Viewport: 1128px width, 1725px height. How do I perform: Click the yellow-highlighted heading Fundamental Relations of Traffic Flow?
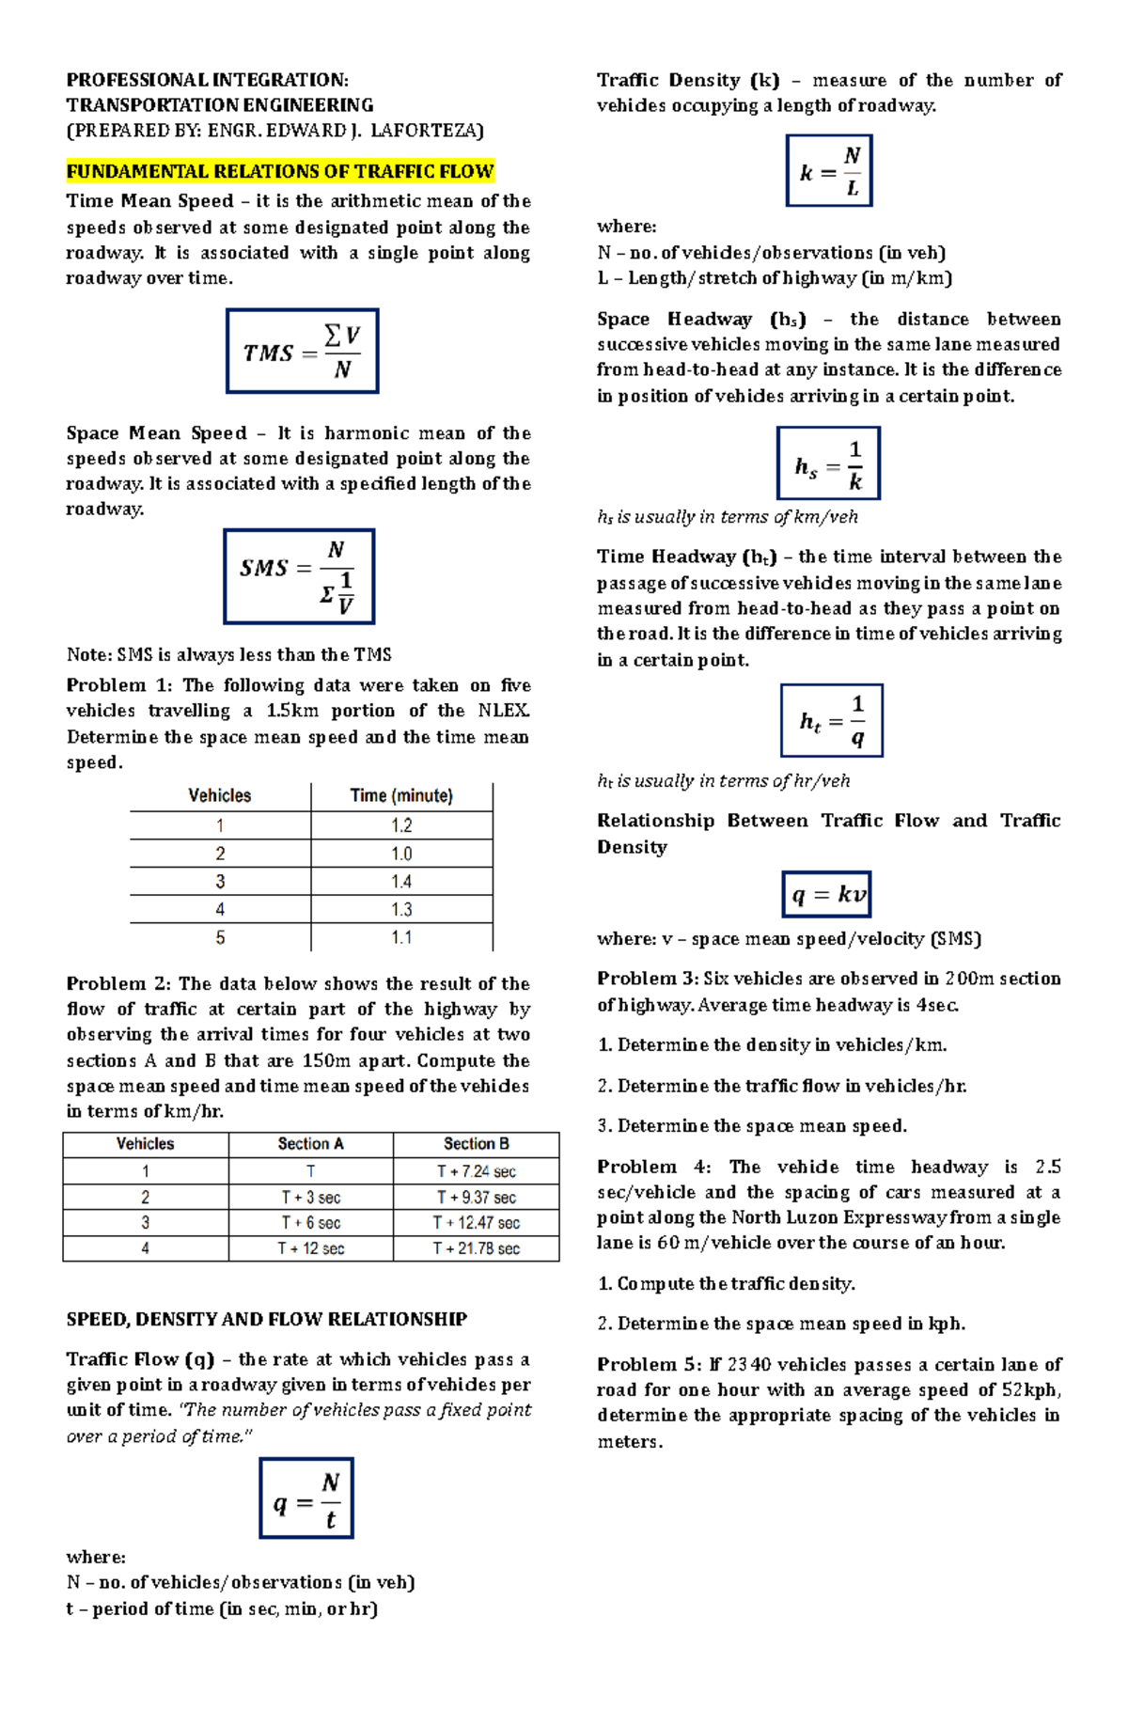tap(280, 171)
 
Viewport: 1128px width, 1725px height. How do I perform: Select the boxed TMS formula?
tap(302, 351)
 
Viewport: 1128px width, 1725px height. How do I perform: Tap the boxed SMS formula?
tap(299, 576)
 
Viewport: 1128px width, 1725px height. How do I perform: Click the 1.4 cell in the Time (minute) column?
tap(401, 882)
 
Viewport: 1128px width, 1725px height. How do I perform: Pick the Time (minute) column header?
tap(401, 796)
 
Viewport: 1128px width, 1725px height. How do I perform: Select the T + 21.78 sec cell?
tap(476, 1248)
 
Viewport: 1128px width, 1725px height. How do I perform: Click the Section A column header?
tap(310, 1144)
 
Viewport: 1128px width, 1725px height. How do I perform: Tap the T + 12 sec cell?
tap(310, 1248)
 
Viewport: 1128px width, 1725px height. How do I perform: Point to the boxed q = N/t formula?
tap(306, 1498)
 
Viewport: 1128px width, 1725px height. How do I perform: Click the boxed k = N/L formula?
tap(829, 171)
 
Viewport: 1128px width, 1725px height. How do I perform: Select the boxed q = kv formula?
tap(826, 894)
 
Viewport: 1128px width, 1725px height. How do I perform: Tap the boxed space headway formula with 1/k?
tap(828, 463)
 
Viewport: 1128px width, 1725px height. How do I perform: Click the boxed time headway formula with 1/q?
tap(831, 720)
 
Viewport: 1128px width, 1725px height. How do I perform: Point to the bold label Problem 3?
tap(648, 979)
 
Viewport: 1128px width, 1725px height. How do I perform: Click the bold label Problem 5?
tap(648, 1364)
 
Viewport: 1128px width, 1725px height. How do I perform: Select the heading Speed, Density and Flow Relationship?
tap(266, 1319)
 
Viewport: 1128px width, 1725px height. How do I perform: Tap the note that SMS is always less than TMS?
tap(228, 654)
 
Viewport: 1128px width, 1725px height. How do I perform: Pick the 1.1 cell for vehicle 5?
tap(401, 938)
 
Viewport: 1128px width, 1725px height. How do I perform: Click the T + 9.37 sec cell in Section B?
tap(476, 1198)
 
